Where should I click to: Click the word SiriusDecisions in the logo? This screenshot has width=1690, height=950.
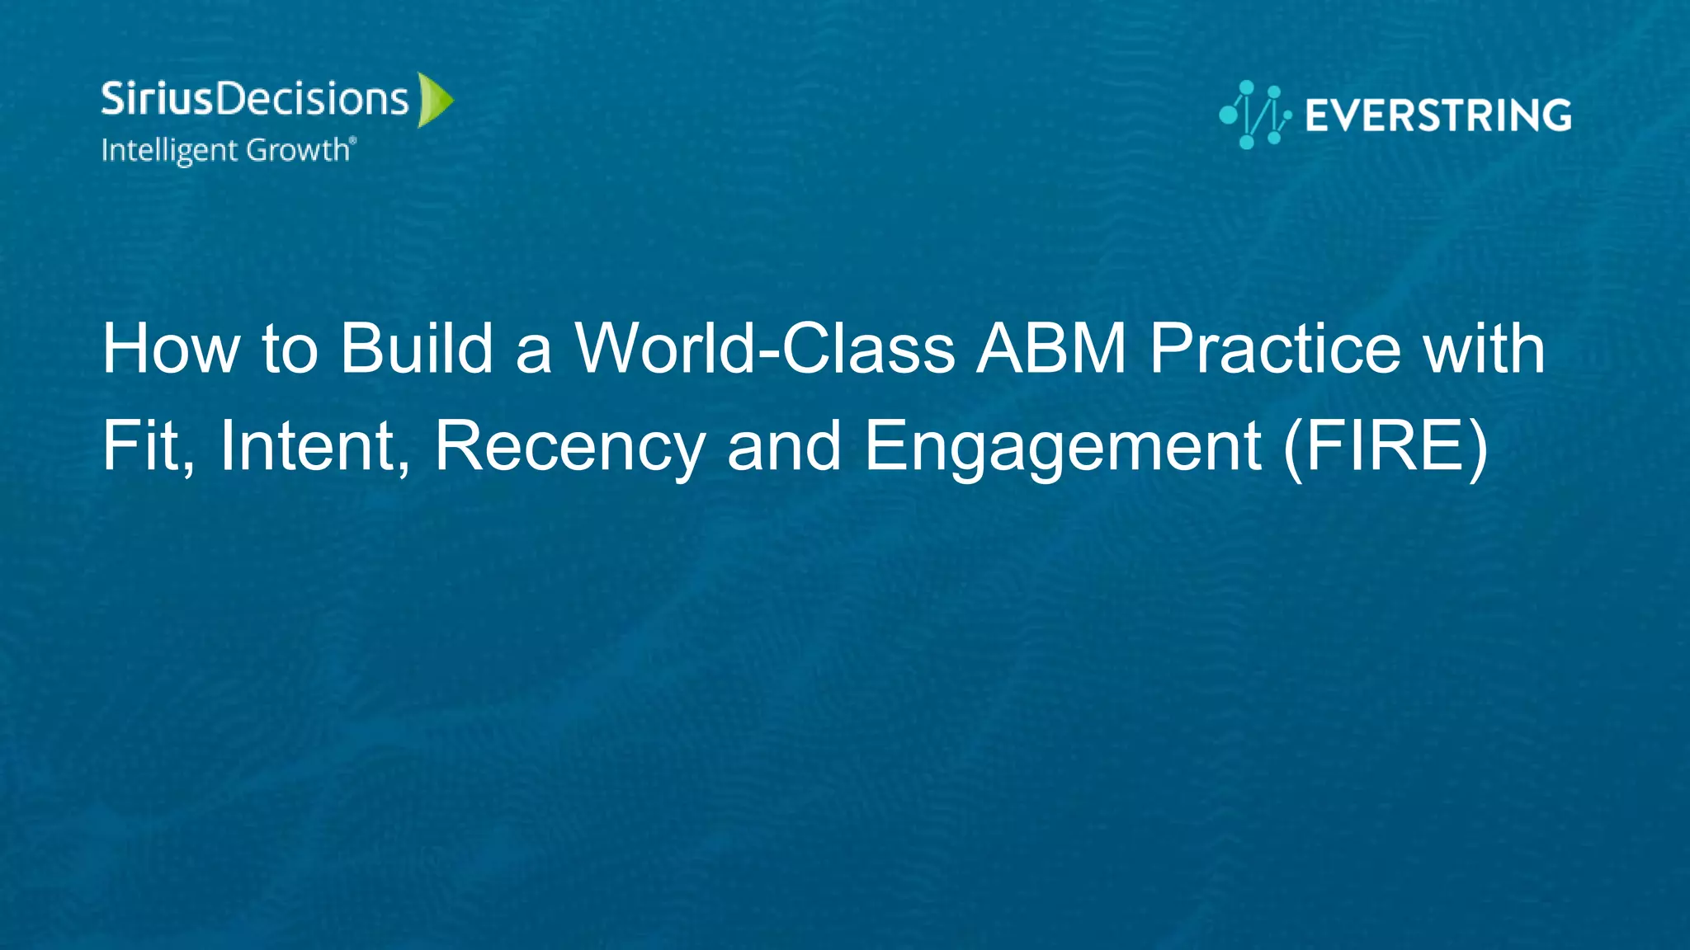tap(254, 99)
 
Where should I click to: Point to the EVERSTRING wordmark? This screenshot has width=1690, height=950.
tap(1438, 115)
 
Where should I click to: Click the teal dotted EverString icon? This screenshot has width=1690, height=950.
tap(1254, 115)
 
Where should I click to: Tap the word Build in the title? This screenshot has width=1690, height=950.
tap(417, 349)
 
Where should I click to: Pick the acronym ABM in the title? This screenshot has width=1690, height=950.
tap(1050, 349)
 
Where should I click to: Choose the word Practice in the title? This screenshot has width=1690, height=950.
tap(1275, 349)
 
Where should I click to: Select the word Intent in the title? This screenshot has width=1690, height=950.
tap(314, 446)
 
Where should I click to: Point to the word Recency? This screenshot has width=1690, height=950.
tap(569, 446)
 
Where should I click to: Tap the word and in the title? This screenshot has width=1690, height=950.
tap(784, 446)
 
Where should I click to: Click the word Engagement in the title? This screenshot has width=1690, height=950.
tap(1063, 446)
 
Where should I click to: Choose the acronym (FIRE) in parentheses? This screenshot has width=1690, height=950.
tap(1386, 446)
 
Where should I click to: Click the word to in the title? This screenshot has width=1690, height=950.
tap(290, 349)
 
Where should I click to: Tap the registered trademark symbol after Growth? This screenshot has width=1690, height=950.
tap(353, 140)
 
